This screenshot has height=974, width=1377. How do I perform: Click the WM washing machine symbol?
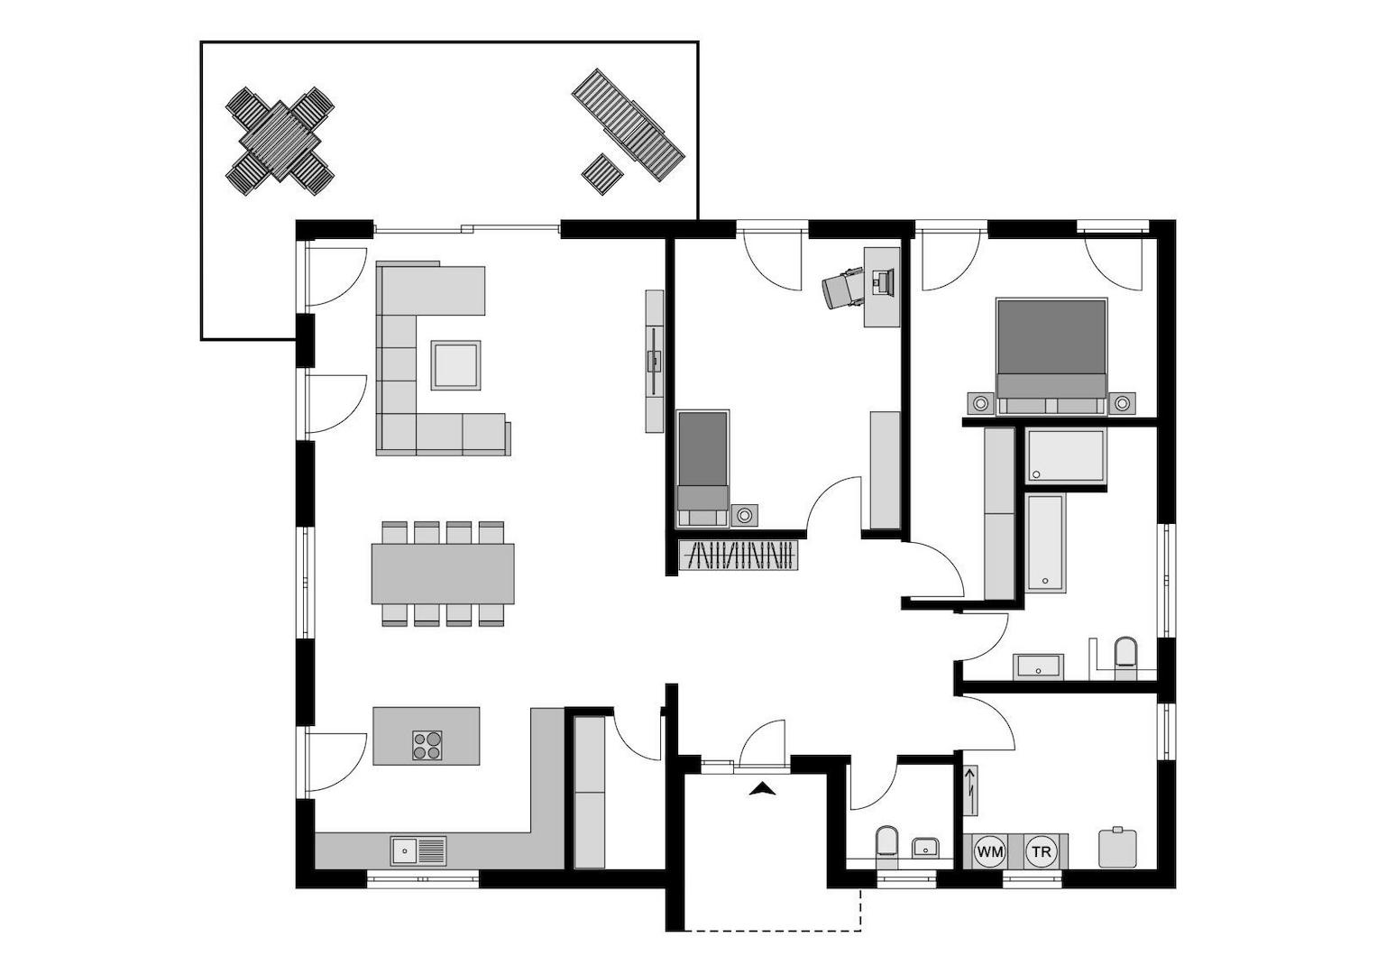[990, 851]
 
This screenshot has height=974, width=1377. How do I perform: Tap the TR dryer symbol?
[1042, 851]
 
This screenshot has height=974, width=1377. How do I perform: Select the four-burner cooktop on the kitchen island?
[427, 744]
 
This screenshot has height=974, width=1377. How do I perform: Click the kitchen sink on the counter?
[418, 850]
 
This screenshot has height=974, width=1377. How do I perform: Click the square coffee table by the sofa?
[455, 365]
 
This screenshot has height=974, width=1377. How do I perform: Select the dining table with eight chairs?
[443, 574]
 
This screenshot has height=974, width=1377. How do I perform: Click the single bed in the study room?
[702, 467]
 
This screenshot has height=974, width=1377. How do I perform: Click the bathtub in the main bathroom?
[1046, 543]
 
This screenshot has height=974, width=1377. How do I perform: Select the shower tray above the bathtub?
[1066, 456]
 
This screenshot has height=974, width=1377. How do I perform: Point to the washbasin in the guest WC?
[925, 848]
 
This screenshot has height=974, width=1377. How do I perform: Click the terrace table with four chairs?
[280, 141]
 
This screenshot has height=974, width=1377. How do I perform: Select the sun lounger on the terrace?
[629, 125]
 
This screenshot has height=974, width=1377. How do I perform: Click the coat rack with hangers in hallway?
[739, 556]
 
